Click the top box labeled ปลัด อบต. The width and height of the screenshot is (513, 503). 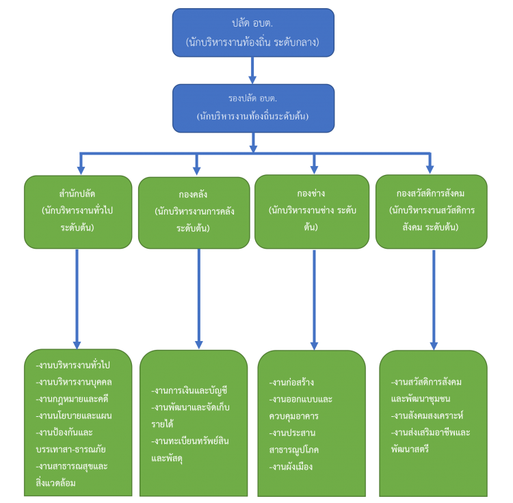tap(253, 33)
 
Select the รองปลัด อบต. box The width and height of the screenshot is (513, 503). tap(254, 108)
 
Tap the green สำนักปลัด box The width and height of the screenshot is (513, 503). tap(78, 212)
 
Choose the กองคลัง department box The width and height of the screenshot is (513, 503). tap(194, 213)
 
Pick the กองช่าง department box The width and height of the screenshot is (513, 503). tap(312, 211)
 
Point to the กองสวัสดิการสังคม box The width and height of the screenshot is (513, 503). tap(432, 211)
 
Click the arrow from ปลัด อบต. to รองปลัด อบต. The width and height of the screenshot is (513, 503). tap(252, 70)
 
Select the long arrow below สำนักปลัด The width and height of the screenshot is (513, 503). tap(77, 299)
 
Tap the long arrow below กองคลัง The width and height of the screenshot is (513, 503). tap(199, 299)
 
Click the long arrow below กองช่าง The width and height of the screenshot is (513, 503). tap(314, 300)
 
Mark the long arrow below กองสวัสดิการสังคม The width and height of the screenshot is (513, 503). tap(434, 300)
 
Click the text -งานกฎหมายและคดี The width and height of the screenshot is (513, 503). tap(72, 399)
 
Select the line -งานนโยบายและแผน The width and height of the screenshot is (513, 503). tap(74, 416)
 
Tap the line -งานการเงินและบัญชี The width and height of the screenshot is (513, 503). tap(189, 390)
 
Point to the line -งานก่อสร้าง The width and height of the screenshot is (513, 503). tap(291, 382)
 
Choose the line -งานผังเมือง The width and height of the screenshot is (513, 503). tap(291, 467)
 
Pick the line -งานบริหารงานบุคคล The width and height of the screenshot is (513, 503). tap(74, 382)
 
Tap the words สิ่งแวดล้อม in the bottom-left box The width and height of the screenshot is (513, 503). tap(55, 482)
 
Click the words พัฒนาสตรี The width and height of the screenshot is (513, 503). tap(410, 449)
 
